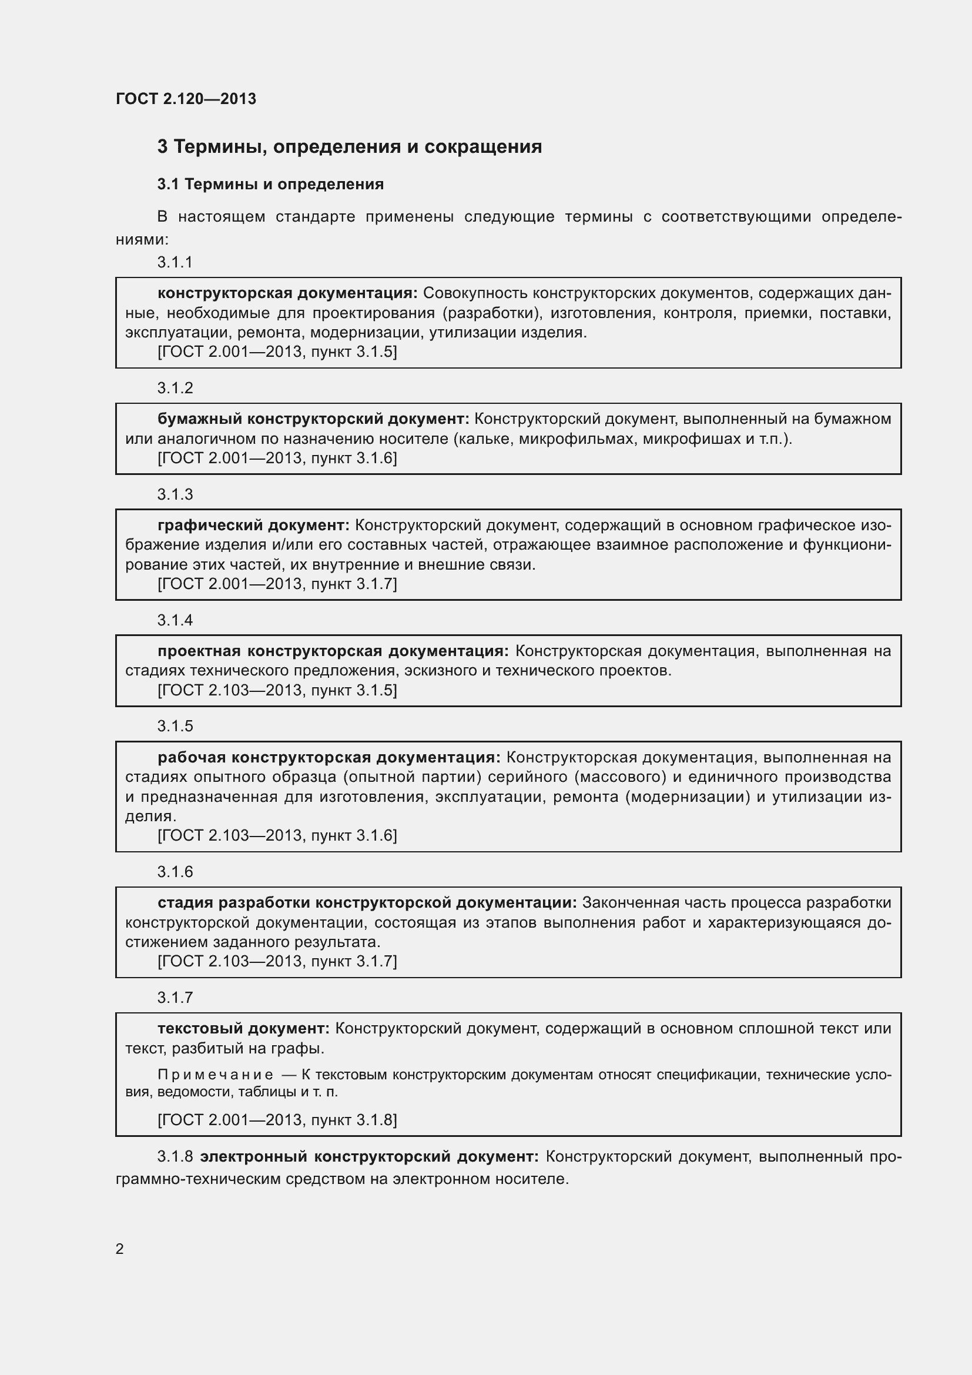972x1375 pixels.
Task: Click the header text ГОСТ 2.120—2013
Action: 186,99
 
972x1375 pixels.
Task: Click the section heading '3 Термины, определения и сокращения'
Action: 349,147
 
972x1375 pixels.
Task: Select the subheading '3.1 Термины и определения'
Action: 270,185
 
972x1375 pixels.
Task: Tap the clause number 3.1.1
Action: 175,262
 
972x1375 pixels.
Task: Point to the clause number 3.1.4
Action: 175,620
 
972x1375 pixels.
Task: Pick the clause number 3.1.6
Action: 175,872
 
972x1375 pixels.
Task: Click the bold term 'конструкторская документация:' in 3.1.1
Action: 287,293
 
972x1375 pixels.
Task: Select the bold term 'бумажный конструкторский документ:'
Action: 313,419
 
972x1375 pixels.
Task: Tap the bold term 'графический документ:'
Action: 253,525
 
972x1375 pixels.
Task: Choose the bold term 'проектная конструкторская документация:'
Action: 333,651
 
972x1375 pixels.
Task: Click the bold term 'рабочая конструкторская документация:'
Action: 329,758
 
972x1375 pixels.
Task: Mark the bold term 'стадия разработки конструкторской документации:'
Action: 367,903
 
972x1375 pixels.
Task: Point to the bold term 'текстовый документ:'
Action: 243,1029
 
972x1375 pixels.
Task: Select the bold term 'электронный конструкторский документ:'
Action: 368,1156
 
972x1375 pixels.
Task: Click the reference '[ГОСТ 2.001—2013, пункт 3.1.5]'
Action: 277,352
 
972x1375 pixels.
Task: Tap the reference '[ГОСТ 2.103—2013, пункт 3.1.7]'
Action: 277,961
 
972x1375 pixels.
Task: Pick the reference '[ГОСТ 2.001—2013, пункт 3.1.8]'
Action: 277,1119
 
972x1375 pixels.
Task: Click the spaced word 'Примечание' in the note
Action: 216,1075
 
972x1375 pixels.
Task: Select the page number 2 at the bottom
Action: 120,1249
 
